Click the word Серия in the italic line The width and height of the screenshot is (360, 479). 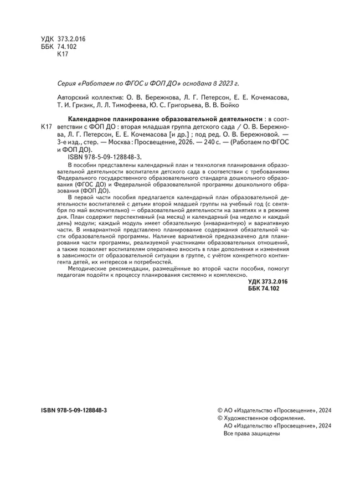[x=68, y=84]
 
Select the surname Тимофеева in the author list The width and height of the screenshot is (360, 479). [x=144, y=105]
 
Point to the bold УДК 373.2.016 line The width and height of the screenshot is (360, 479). [x=270, y=282]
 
